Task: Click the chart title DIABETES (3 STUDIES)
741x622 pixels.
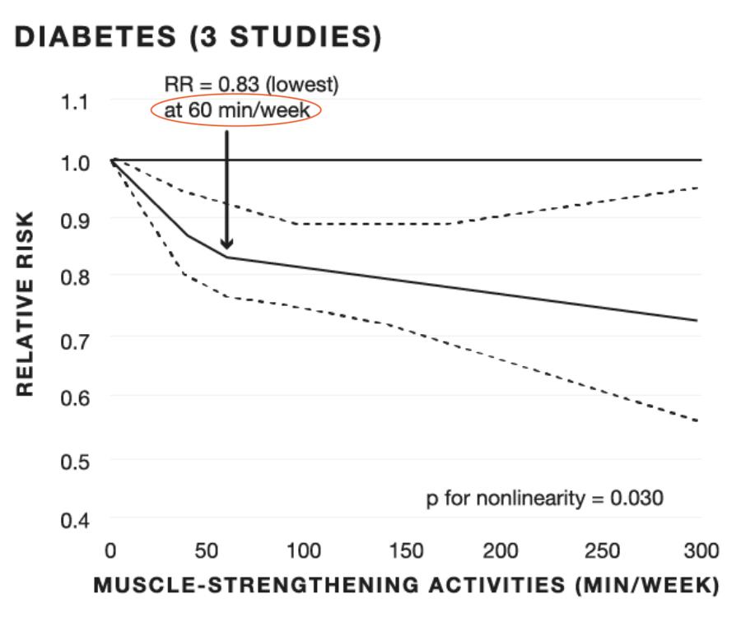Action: [198, 37]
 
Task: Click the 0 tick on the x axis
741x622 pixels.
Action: [111, 550]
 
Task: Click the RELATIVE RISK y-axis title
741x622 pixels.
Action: [26, 303]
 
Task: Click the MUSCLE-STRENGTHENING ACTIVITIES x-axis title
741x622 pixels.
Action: [407, 586]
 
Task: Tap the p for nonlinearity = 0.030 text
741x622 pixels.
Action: [544, 499]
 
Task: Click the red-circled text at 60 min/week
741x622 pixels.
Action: [235, 111]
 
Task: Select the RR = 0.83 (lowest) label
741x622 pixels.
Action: [251, 84]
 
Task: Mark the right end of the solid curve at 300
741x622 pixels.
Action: [697, 320]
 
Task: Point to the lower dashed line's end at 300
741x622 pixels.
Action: [697, 420]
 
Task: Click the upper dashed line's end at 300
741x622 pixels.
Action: [697, 188]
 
